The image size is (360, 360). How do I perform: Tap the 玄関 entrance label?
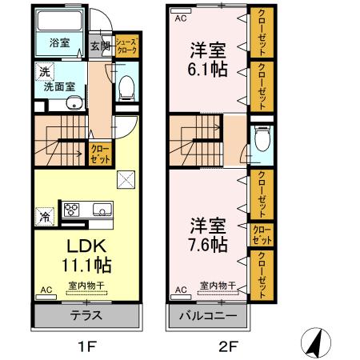click(98, 45)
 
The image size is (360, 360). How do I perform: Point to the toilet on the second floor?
click(261, 141)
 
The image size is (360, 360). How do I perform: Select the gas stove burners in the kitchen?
click(71, 210)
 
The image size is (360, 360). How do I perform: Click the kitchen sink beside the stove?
click(102, 210)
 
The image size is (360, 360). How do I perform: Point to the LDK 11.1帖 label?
click(83, 254)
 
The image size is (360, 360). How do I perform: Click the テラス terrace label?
click(86, 314)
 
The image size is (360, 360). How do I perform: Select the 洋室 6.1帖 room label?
click(207, 58)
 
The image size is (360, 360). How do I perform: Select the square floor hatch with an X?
click(126, 178)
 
